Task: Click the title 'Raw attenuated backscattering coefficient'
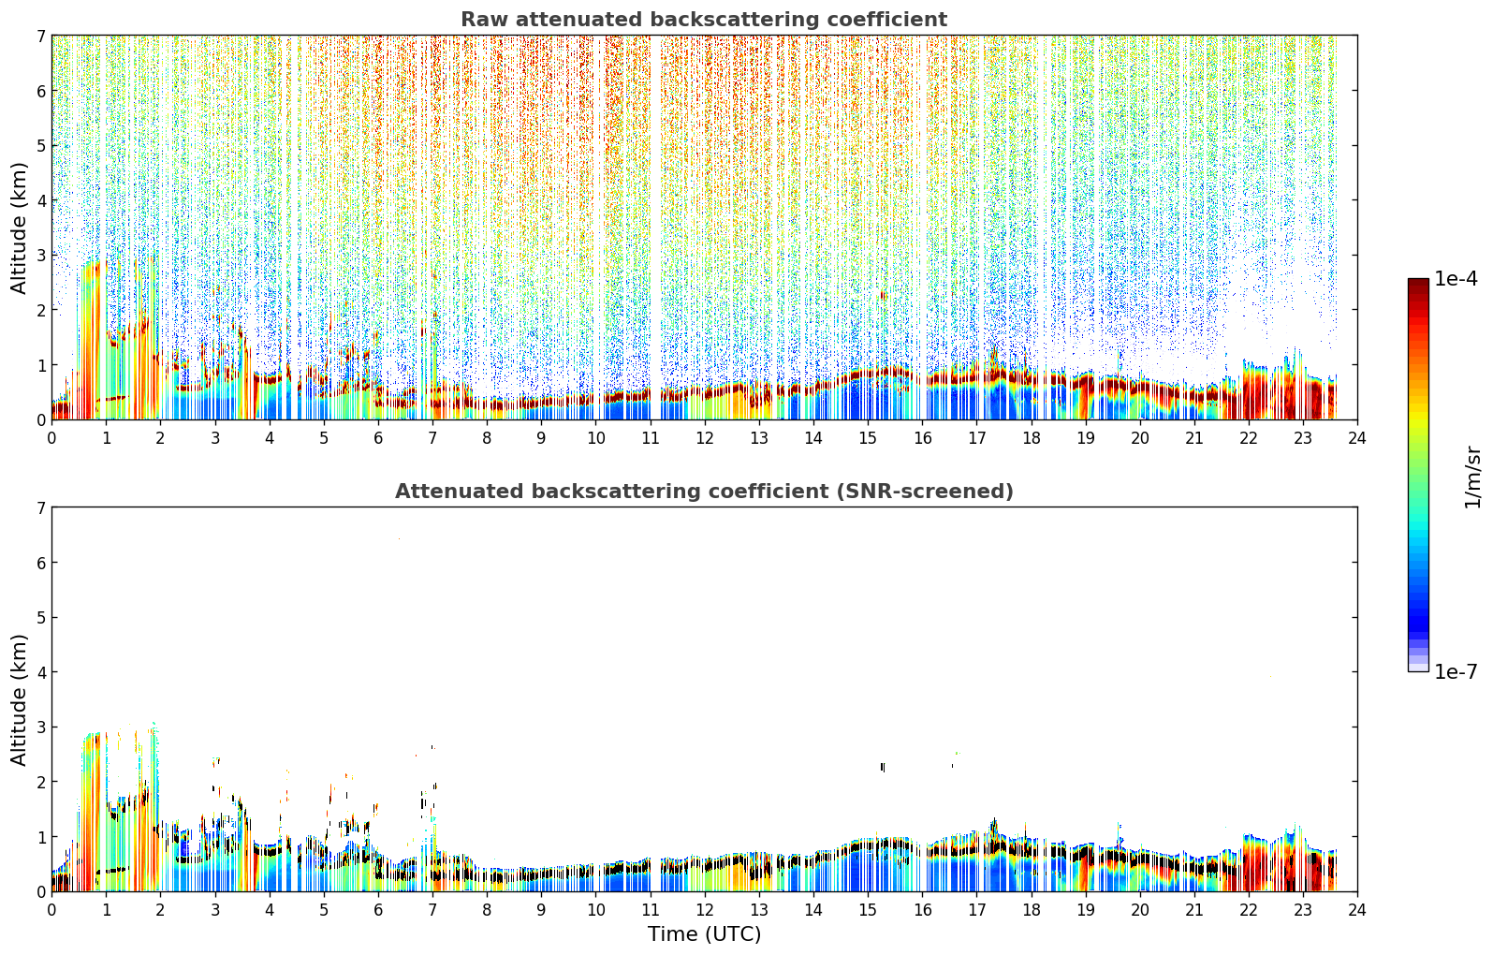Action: [704, 20]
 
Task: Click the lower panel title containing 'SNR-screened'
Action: [704, 492]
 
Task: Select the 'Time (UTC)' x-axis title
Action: [704, 934]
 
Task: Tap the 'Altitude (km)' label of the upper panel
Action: [19, 228]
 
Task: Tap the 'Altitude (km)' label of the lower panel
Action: [19, 700]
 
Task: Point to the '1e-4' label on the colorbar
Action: [1456, 279]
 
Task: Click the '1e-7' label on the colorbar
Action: [1456, 671]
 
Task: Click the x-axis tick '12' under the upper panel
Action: [705, 438]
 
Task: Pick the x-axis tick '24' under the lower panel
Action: [1357, 910]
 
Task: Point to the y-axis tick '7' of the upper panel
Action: [40, 36]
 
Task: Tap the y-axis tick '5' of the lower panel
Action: [40, 618]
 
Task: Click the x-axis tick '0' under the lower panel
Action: [52, 910]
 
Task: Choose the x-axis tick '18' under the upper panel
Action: [1032, 438]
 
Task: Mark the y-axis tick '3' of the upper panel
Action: [40, 256]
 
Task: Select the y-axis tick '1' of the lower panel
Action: [40, 837]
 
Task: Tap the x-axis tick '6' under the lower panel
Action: [378, 910]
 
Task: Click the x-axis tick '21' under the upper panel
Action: [1194, 438]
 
